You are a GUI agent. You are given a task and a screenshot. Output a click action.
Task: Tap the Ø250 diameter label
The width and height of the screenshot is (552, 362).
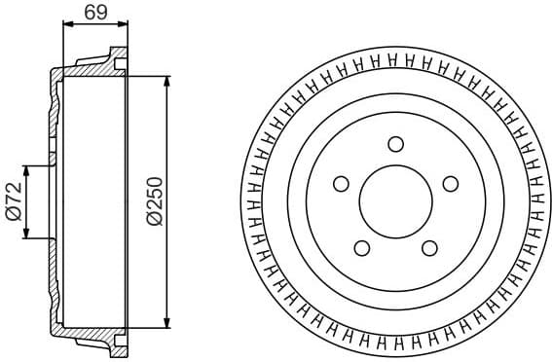[154, 202]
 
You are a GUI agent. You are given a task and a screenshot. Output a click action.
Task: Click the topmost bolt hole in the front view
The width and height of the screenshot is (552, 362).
[394, 145]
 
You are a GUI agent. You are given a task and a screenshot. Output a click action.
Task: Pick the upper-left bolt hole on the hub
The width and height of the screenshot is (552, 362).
[341, 183]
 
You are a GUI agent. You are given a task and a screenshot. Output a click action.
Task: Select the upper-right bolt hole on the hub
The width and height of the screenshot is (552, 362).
[449, 183]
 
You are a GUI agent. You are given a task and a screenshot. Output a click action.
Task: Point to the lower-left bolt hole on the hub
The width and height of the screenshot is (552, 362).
[361, 247]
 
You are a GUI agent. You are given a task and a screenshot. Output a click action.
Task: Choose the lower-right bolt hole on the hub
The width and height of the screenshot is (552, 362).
[428, 247]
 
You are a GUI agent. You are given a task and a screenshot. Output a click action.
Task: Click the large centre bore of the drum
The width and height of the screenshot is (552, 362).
[394, 201]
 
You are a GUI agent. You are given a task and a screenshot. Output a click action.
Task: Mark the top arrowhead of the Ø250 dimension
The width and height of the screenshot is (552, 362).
[168, 79]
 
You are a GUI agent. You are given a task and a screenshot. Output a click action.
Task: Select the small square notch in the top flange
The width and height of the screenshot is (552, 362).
[121, 65]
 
